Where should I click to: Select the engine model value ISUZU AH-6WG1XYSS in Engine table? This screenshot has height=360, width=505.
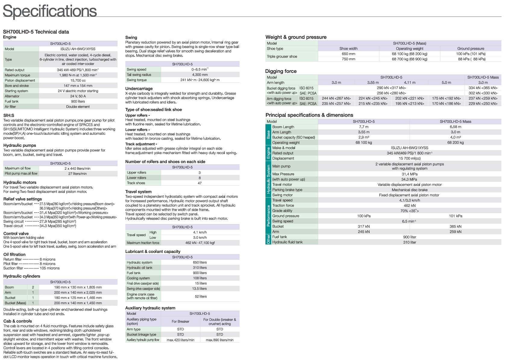pos(78,49)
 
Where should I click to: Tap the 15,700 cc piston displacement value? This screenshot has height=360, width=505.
pos(78,81)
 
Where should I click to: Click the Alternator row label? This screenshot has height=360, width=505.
pos(12,96)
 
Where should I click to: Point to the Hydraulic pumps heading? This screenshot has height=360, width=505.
pos(20,145)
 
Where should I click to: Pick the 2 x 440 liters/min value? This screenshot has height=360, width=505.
pos(77,169)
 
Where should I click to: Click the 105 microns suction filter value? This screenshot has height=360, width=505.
pos(49,268)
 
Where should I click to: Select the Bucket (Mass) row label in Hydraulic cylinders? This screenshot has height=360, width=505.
pos(15,303)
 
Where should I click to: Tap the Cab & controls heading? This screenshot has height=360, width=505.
pos(17,321)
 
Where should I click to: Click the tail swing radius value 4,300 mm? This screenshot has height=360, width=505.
pos(200,75)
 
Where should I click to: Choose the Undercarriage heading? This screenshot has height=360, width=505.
pos(139,89)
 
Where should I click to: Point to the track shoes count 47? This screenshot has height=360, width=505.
pos(199,183)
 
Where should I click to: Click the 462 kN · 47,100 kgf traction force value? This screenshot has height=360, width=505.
pos(200,243)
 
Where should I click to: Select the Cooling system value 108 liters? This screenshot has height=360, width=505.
pos(200,278)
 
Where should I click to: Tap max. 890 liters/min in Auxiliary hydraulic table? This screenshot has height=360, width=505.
pos(220,340)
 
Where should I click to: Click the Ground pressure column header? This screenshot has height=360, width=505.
pos(471,49)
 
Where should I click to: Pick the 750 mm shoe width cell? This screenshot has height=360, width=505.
pos(348,59)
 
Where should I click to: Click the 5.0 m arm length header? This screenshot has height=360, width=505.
pos(446,83)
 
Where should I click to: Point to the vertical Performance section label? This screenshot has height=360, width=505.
pos(268,216)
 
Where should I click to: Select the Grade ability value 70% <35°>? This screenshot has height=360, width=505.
pos(409,211)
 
